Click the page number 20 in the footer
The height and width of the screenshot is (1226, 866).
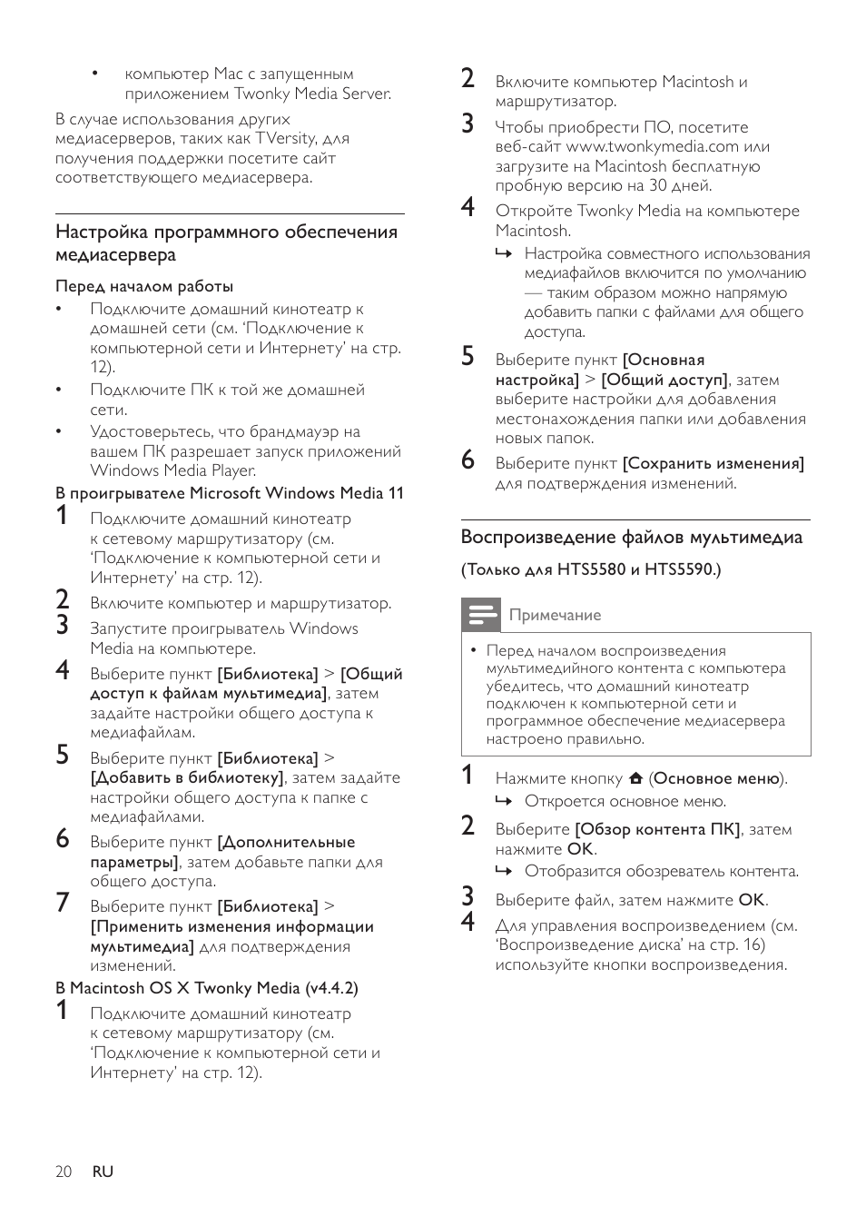coord(64,1172)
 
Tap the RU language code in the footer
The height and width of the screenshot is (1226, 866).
coord(103,1172)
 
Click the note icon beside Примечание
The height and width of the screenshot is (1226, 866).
coord(480,615)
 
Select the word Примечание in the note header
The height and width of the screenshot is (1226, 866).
coord(555,616)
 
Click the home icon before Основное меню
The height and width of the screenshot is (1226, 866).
coord(635,778)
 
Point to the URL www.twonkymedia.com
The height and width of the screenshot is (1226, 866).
coord(652,146)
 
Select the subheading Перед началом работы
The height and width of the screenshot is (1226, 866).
coord(144,286)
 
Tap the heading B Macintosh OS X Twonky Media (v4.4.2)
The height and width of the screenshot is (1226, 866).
coord(207,988)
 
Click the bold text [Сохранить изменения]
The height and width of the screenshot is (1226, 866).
coord(713,463)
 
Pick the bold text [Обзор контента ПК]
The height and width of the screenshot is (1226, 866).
coord(658,829)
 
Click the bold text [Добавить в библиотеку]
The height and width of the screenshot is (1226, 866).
coord(187,778)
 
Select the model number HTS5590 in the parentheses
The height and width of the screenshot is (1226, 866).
coord(679,570)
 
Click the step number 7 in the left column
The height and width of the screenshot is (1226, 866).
coord(62,903)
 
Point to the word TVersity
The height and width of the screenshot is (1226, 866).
coord(285,138)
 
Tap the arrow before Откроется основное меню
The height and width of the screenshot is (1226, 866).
coord(504,801)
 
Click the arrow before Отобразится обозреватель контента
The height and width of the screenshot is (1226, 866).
coord(504,871)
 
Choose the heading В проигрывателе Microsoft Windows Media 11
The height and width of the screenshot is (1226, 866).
coord(230,493)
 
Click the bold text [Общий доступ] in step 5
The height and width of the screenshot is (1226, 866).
coord(664,380)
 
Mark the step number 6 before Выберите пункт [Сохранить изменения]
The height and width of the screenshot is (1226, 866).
coord(467,460)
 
